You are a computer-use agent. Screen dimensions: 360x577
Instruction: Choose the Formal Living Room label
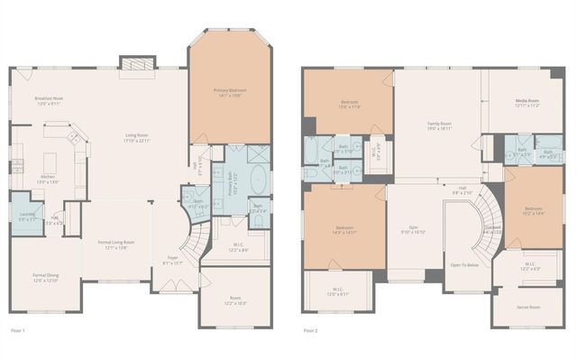[115, 245]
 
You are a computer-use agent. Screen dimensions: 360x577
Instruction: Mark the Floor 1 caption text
[17, 331]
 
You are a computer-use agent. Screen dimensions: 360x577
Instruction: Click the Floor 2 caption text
[310, 331]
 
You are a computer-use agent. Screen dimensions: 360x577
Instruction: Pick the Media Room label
[527, 103]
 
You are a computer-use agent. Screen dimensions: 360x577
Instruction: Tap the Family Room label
[439, 126]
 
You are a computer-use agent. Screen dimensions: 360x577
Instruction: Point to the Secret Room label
[528, 308]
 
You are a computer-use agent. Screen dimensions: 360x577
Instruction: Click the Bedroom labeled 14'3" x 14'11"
[343, 229]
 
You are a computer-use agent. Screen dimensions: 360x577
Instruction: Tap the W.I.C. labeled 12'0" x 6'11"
[335, 292]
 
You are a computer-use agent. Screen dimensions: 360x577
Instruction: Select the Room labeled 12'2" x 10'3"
[235, 300]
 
